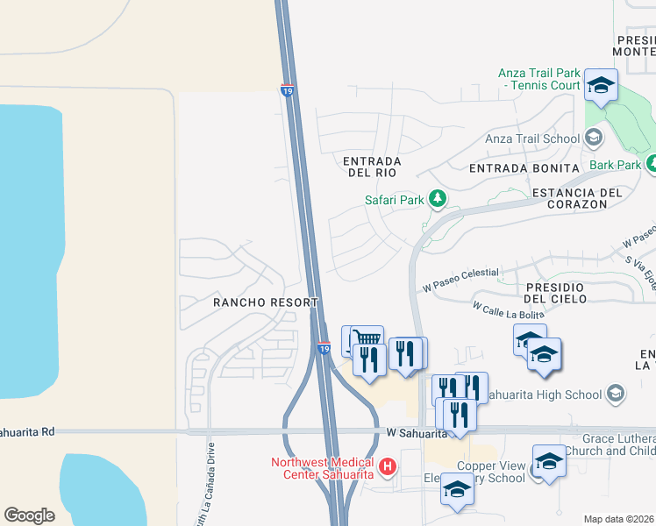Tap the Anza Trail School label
(x=532, y=139)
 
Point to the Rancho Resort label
(x=265, y=302)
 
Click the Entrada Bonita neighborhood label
(x=524, y=167)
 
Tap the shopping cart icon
(x=367, y=338)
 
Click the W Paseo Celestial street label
(x=460, y=281)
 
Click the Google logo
(x=29, y=515)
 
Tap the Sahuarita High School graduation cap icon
(x=616, y=394)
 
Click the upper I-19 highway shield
(x=287, y=89)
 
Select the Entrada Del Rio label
(x=372, y=167)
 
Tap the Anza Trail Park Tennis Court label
(x=538, y=80)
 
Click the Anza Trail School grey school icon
(x=594, y=138)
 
